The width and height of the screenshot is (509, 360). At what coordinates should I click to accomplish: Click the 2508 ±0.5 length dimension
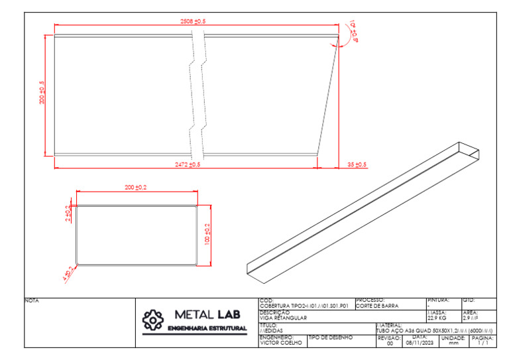coord(193,22)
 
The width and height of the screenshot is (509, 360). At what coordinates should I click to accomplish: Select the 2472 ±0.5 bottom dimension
coord(188,164)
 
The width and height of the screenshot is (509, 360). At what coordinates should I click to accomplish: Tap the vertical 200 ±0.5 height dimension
coord(42,93)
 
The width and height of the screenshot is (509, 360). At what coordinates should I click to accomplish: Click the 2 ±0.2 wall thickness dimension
coord(68,213)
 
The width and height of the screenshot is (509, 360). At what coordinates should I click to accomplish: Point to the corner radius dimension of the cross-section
coord(67,274)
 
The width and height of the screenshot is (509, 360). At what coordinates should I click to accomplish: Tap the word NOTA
coord(32,301)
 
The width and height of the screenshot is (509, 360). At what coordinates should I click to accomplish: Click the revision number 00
coord(389,343)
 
